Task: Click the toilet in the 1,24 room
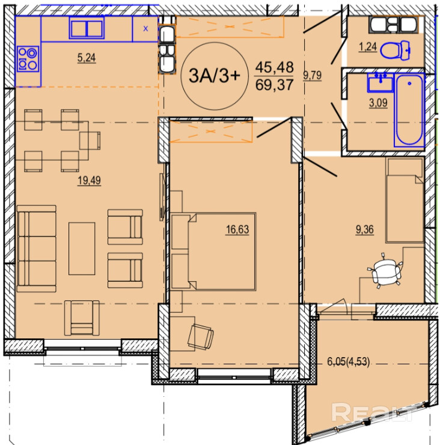point(395,51)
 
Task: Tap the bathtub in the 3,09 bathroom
point(409,110)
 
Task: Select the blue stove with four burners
point(28,59)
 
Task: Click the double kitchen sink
point(87,28)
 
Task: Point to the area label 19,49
point(89,181)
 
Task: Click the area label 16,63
point(237,229)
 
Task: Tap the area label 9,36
point(365,229)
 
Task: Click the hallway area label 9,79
point(312,75)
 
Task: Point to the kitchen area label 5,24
point(87,58)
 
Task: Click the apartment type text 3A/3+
point(215,76)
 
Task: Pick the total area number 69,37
point(274,84)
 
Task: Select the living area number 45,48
point(274,67)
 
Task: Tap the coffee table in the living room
point(82,249)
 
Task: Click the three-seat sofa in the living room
point(37,249)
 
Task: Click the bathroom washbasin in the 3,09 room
point(380,82)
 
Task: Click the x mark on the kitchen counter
point(145,28)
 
